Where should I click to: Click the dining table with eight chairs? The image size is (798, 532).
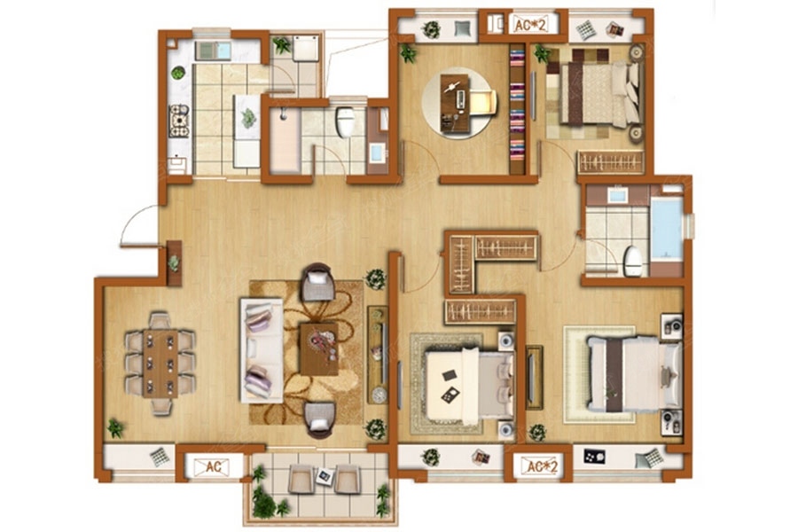pyautogui.click(x=160, y=364)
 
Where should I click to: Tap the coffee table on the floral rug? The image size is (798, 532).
pyautogui.click(x=319, y=349)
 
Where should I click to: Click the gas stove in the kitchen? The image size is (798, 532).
pyautogui.click(x=178, y=121)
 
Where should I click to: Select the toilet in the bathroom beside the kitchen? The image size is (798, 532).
pyautogui.click(x=345, y=121)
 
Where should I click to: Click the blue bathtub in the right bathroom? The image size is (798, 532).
pyautogui.click(x=667, y=228)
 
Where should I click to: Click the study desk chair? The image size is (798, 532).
pyautogui.click(x=482, y=102)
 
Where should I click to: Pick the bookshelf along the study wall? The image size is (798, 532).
pyautogui.click(x=517, y=109)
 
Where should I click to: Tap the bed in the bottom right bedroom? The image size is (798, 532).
pyautogui.click(x=635, y=374)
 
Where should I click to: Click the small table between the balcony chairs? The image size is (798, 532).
pyautogui.click(x=325, y=476)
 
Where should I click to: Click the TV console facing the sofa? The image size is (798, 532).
pyautogui.click(x=378, y=355)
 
